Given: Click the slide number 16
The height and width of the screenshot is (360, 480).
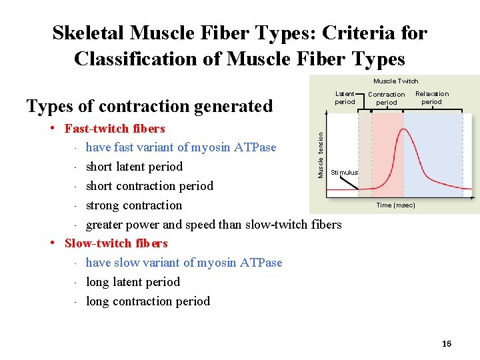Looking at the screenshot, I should click(x=447, y=343).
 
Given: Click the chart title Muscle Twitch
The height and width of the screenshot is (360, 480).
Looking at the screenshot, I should click(x=396, y=81).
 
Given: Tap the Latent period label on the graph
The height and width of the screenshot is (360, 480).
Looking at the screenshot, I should click(x=345, y=98).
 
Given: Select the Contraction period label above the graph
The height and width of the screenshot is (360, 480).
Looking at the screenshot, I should click(x=387, y=99).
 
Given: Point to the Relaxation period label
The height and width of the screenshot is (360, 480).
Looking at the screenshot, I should click(x=432, y=98).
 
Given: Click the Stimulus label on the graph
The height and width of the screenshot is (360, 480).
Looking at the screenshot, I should click(x=345, y=172).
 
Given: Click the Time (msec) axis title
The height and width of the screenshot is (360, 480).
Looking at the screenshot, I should click(x=395, y=205).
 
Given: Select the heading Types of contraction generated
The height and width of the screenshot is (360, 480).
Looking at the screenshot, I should click(x=149, y=106).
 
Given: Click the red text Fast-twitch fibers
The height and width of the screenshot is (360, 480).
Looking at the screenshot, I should click(x=115, y=129).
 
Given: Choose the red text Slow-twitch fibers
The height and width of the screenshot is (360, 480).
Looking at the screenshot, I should click(x=116, y=243).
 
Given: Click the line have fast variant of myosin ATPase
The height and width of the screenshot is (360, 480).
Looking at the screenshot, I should click(x=181, y=147).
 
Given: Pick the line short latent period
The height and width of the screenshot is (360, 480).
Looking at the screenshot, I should click(x=134, y=167).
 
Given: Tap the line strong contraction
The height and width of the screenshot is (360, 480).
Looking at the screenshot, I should click(x=134, y=205).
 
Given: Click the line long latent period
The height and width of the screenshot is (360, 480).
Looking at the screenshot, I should click(x=133, y=282).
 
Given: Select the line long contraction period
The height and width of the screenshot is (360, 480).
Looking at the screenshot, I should click(x=148, y=301).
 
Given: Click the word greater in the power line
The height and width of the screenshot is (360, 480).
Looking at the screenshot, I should click(x=107, y=225).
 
